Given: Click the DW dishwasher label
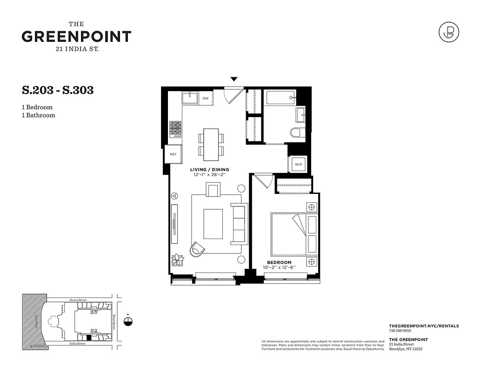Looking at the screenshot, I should pos(205,99).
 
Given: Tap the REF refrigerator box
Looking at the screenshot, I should pos(173,154).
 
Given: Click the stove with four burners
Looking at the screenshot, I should pos(175,129).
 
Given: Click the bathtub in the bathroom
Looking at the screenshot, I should pos(280,98).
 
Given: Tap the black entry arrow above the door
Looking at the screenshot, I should pos(234,80).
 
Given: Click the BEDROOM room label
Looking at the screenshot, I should pos(279,262).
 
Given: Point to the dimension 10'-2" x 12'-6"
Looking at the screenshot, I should pos(279,268).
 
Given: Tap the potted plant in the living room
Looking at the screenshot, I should pos(177,259).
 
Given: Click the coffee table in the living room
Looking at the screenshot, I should pos(213,224).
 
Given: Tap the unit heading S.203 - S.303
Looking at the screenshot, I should pos(58,90).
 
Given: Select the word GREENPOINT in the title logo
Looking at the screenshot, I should pos(76,37).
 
